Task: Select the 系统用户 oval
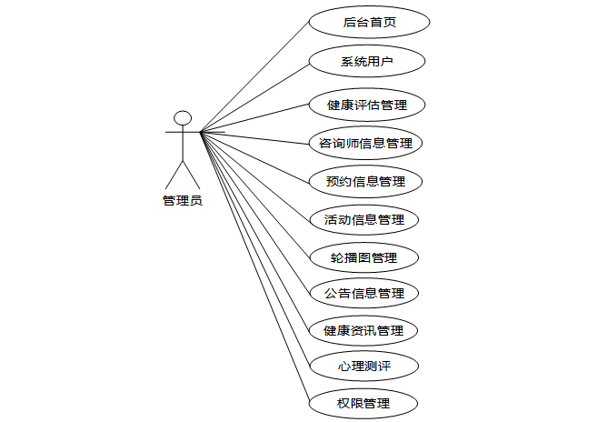pyautogui.click(x=367, y=63)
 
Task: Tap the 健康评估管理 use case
pyautogui.click(x=367, y=105)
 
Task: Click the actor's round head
pyautogui.click(x=183, y=117)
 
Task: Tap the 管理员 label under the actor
pyautogui.click(x=183, y=201)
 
